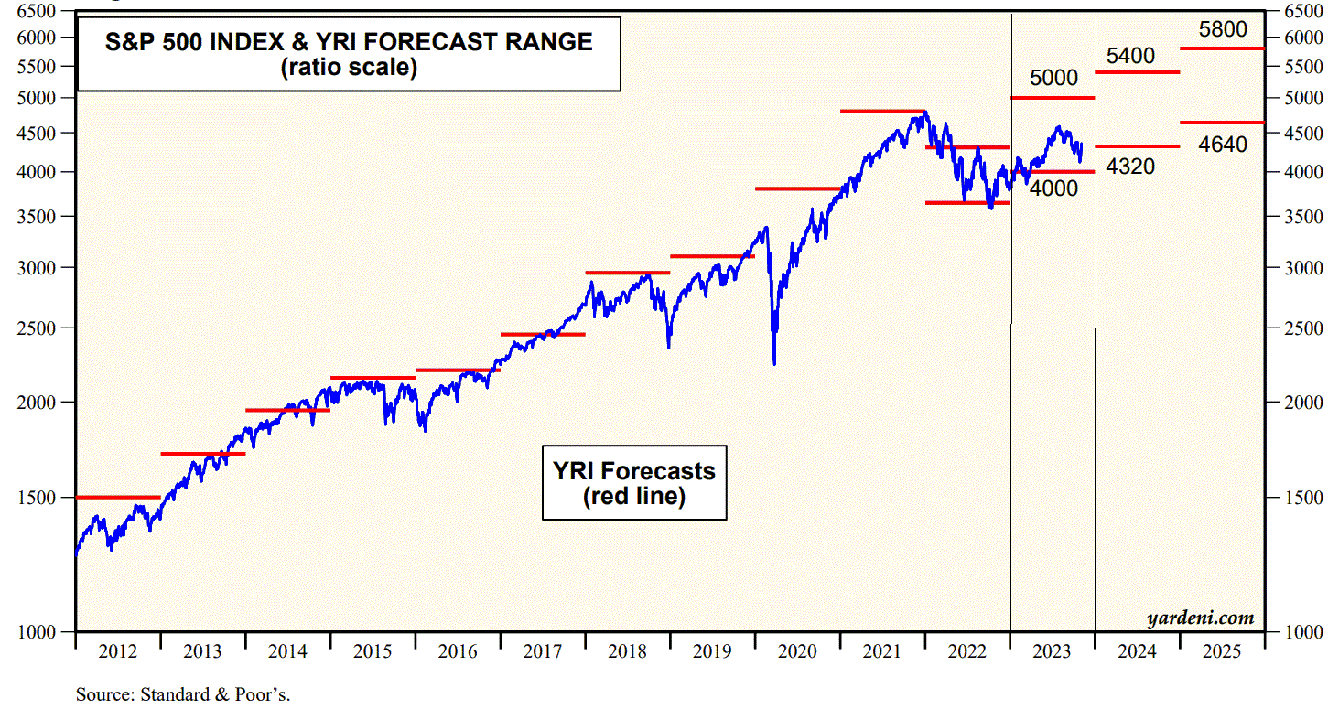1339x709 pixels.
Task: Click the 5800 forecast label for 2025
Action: point(1223,30)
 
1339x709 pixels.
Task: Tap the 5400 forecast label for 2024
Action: point(1130,56)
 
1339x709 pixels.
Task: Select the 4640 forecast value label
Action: point(1223,144)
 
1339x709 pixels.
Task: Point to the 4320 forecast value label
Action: point(1130,167)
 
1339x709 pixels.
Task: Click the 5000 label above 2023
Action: point(1053,79)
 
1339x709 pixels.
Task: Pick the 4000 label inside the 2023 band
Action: point(1053,188)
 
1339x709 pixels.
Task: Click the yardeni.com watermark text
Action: point(1200,618)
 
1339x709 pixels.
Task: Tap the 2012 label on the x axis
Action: point(117,652)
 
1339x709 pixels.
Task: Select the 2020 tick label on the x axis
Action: point(796,652)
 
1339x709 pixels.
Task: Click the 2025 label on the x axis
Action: point(1222,652)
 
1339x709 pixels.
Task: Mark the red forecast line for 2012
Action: point(117,497)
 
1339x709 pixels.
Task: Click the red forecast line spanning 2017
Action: point(543,334)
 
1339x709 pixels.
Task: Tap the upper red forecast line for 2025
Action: point(1222,48)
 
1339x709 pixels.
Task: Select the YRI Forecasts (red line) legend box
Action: point(634,483)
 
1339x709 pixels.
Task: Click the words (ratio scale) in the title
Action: point(349,68)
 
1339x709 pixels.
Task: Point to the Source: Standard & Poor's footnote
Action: point(183,694)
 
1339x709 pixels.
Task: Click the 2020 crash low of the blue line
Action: point(774,363)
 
